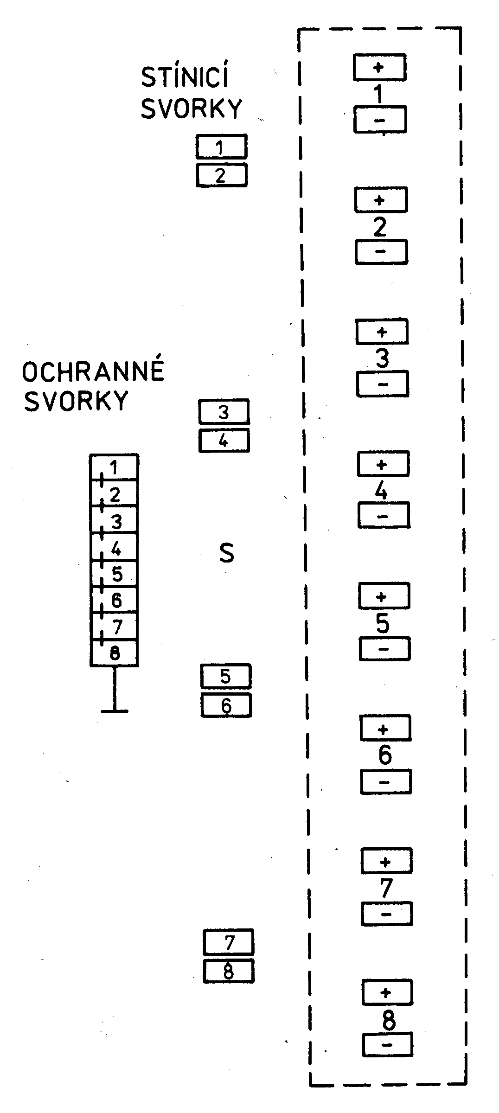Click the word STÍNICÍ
(x=185, y=78)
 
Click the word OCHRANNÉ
(x=93, y=371)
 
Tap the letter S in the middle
(x=226, y=553)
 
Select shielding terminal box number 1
(x=221, y=147)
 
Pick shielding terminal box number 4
(x=224, y=441)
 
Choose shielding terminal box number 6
(x=226, y=705)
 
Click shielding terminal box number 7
(x=229, y=942)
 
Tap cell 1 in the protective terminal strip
(x=114, y=467)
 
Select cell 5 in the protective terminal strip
(x=114, y=574)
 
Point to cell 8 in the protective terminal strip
(x=114, y=653)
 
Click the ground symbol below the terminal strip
(x=114, y=710)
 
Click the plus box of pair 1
(x=379, y=67)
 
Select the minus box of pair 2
(x=381, y=252)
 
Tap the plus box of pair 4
(x=383, y=464)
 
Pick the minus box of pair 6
(x=385, y=782)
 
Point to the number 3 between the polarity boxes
(x=382, y=358)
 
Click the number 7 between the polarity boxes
(x=386, y=888)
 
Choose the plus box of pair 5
(x=384, y=596)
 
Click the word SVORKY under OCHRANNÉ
(x=76, y=401)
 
